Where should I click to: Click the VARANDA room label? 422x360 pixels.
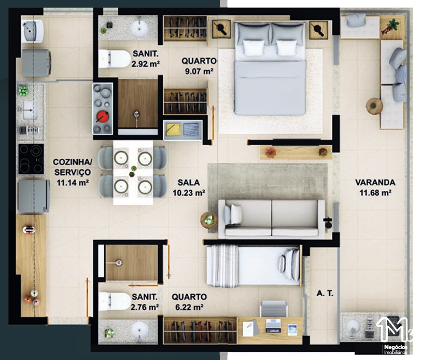375,182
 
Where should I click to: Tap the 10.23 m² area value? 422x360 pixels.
189,193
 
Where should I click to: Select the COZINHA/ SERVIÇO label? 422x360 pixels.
73,167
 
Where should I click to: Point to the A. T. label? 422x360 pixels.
325,293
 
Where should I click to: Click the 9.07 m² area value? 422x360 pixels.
199,72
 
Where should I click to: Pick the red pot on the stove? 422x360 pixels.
103,117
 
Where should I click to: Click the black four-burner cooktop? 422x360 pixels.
31,159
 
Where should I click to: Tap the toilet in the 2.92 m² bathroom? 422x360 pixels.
115,59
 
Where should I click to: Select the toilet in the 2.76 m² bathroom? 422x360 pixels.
115,301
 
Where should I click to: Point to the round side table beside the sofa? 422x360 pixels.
209,220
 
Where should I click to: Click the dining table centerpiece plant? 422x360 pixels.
133,171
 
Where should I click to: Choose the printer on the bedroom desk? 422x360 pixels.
273,326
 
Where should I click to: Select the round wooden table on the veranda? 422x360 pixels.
374,106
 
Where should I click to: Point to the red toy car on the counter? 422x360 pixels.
29,230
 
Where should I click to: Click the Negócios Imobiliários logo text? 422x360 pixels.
396,349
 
